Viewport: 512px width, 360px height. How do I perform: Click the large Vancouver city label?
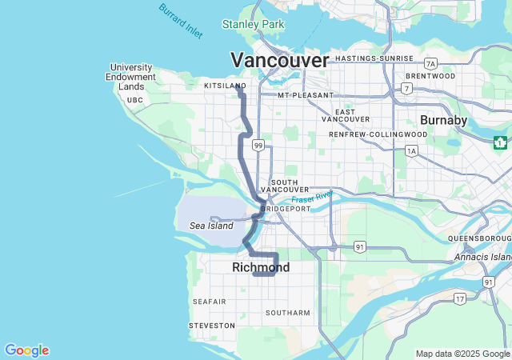coord(279,61)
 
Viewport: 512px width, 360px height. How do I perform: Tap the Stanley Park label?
coord(253,25)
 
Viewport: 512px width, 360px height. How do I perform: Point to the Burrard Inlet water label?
coord(180,21)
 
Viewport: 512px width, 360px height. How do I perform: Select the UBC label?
coord(134,100)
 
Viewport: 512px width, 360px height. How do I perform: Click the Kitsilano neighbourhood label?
coord(225,85)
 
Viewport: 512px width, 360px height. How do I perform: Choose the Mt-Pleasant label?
coord(306,94)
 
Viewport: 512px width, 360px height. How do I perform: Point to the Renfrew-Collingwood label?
coord(378,134)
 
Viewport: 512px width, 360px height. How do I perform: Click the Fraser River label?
coord(312,198)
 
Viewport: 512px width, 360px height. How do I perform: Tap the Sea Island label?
coord(211,226)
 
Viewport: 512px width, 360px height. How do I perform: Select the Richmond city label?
coord(261,267)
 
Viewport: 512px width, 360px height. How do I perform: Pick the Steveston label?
coord(212,326)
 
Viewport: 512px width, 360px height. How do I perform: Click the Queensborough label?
coord(479,238)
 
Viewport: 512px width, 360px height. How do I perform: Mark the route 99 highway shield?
coord(258,145)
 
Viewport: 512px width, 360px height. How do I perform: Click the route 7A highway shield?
coord(431,63)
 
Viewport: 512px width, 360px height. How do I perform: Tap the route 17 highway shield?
coord(459,298)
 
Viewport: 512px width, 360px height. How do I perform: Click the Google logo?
coord(26,350)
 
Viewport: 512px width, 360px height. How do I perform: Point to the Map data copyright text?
coord(462,354)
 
